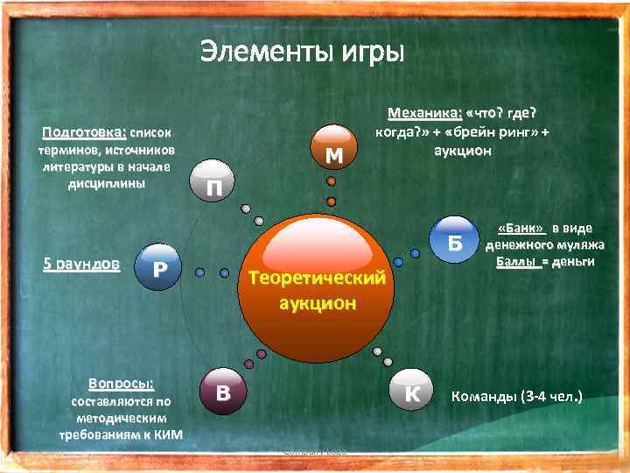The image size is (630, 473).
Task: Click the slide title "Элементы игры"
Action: pyautogui.click(x=302, y=52)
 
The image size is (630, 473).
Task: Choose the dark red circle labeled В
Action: pyautogui.click(x=224, y=392)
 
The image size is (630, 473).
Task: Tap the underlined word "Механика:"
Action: pyautogui.click(x=424, y=115)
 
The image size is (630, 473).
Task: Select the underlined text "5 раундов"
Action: pyautogui.click(x=81, y=264)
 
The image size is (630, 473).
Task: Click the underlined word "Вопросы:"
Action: pyautogui.click(x=121, y=384)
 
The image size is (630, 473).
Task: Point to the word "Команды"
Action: pyautogui.click(x=483, y=396)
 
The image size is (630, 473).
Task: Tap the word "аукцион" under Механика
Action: pyautogui.click(x=463, y=151)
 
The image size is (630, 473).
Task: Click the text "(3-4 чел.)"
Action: pyautogui.click(x=551, y=396)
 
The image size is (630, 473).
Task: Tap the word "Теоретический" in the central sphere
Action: pyautogui.click(x=317, y=279)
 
